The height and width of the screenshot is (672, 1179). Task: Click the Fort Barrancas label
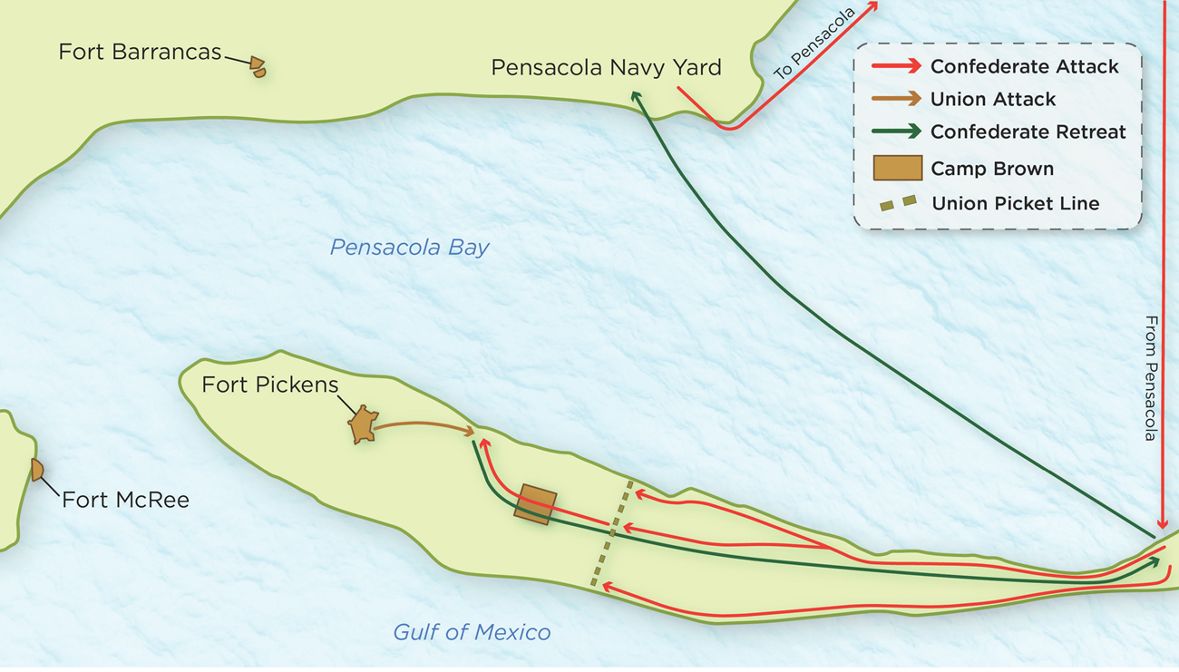tap(140, 52)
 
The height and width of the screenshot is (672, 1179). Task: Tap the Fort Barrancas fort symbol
tap(258, 67)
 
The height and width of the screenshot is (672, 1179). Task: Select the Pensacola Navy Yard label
tap(606, 68)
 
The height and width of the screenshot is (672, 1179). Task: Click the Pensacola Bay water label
tap(409, 248)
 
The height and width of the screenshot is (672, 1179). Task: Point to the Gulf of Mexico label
tap(471, 632)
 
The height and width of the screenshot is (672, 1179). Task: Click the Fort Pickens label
tap(269, 385)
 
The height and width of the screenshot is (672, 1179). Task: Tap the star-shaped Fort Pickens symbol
tap(365, 425)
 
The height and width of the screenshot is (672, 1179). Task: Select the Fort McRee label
tap(125, 499)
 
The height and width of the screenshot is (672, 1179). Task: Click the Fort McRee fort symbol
tap(37, 470)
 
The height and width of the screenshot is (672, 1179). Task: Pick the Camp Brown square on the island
tap(535, 504)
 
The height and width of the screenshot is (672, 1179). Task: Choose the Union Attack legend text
tap(993, 99)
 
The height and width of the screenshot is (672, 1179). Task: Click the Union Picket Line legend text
tap(1015, 203)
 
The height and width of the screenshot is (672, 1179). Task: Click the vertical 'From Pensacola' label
tap(1151, 378)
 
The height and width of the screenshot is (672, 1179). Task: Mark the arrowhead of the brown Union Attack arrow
tap(470, 432)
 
